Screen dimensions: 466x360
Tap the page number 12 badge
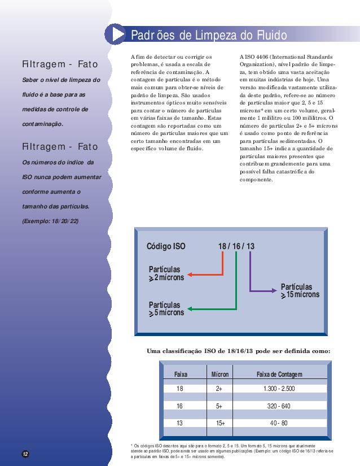pos(25,454)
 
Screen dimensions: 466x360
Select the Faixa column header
pos(181,374)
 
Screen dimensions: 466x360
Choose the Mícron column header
pos(219,374)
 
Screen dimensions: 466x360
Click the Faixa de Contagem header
pos(279,374)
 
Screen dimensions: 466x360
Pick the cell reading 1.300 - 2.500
pos(279,389)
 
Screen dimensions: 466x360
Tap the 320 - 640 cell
pos(279,406)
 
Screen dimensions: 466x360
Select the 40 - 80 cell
pos(279,423)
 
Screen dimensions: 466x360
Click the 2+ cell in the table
pos(219,389)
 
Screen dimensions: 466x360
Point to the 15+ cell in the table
pos(220,423)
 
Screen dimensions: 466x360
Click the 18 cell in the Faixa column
pos(180,389)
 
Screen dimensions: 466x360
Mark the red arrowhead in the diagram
pos(190,275)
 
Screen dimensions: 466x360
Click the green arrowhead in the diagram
pos(190,309)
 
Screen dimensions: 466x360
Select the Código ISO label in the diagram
pos(165,247)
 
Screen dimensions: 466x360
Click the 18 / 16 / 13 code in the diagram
pos(236,247)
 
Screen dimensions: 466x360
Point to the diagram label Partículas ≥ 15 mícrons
pos(299,291)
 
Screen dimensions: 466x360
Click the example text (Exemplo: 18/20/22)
pos(50,220)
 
